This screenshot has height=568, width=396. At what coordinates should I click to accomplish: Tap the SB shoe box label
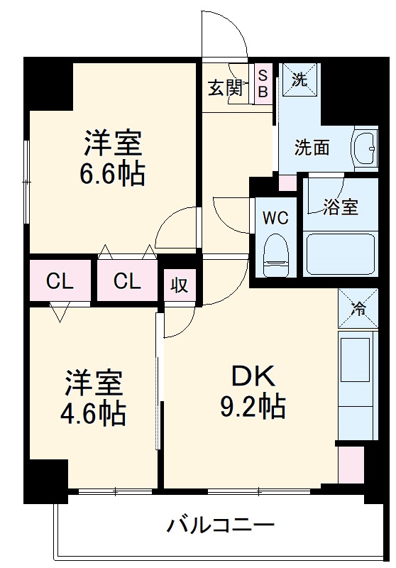[x=263, y=83]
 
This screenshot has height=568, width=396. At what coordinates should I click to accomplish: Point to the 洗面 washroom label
[x=312, y=148]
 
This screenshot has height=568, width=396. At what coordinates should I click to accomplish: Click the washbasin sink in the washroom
[x=365, y=147]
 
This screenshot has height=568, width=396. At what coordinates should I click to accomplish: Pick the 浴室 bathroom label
[x=341, y=207]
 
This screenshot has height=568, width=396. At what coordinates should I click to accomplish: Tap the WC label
[x=275, y=217]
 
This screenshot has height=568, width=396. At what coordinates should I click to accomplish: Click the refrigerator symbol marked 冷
[x=358, y=308]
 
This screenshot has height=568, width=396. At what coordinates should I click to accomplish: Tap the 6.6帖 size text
[x=114, y=173]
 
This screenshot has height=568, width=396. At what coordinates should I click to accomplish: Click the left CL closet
[x=60, y=281]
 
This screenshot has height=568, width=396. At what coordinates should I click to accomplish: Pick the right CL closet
[x=128, y=281]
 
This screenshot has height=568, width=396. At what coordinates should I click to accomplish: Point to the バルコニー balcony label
[x=221, y=526]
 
